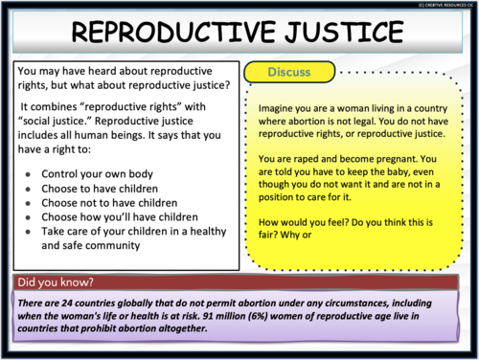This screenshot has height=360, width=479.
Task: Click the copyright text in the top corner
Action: tap(437, 4)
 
